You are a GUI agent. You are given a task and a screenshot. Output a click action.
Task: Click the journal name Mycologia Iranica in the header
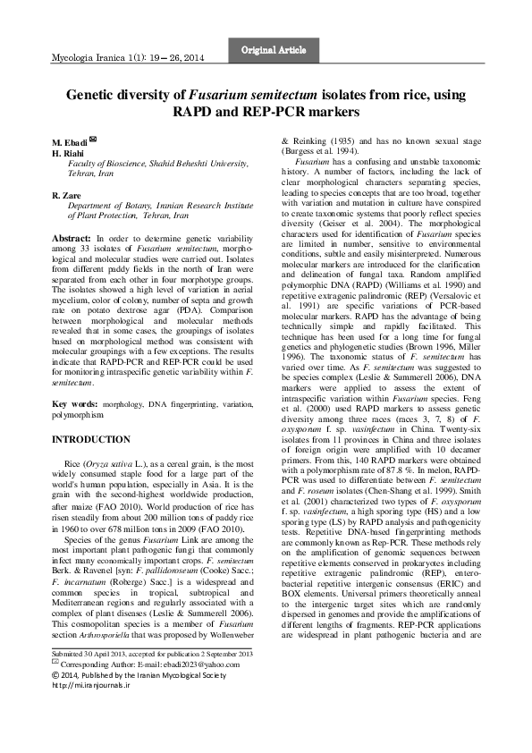click(83, 57)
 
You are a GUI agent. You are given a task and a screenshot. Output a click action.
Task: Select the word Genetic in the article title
click(94, 93)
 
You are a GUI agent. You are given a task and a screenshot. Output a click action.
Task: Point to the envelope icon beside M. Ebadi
click(93, 140)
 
